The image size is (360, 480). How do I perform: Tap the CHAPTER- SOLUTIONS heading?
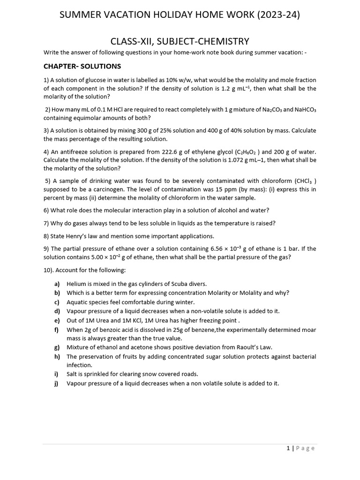tap(82, 66)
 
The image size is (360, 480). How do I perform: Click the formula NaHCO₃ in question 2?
tap(306, 110)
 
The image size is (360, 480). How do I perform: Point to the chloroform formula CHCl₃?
tap(305, 181)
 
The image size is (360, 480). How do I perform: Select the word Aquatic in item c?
tap(77, 302)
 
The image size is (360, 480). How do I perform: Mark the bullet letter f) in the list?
tap(57, 330)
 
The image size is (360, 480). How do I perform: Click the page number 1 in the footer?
tap(288, 448)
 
